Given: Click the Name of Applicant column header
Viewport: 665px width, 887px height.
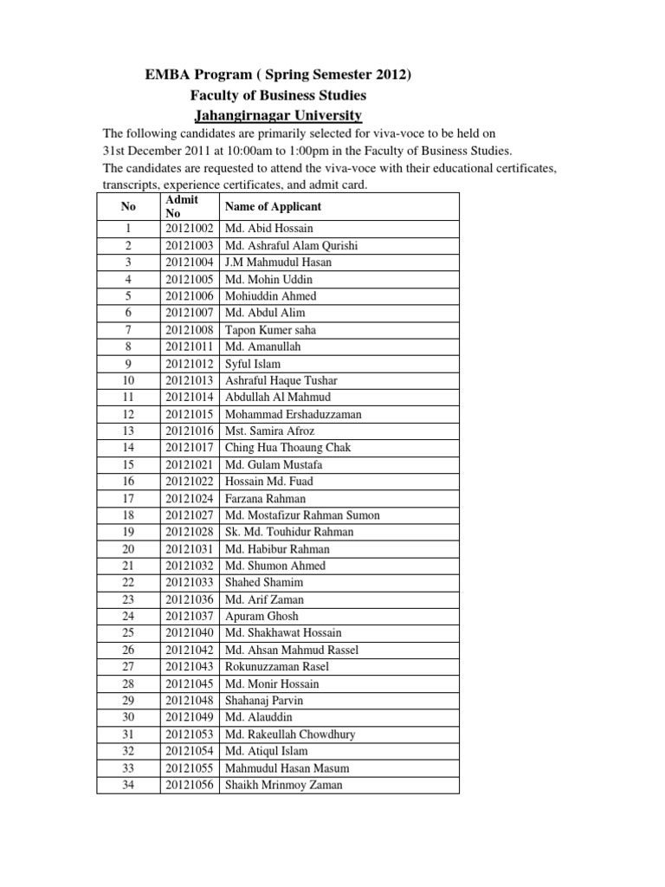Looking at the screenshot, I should [x=273, y=206].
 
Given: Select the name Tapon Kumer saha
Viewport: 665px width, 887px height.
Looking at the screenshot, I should [x=270, y=330].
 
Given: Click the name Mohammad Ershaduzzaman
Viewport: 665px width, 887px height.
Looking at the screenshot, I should [x=294, y=414].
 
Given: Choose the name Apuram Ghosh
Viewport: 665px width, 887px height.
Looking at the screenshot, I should [x=261, y=616].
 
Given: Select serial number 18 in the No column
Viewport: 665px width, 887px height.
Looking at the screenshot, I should [x=127, y=515].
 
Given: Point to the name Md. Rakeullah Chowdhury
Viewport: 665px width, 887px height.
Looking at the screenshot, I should [x=290, y=735].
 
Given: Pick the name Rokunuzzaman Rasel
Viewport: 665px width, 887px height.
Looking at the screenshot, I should [x=277, y=667].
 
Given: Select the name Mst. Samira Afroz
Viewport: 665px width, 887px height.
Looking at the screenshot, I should [x=269, y=431].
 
